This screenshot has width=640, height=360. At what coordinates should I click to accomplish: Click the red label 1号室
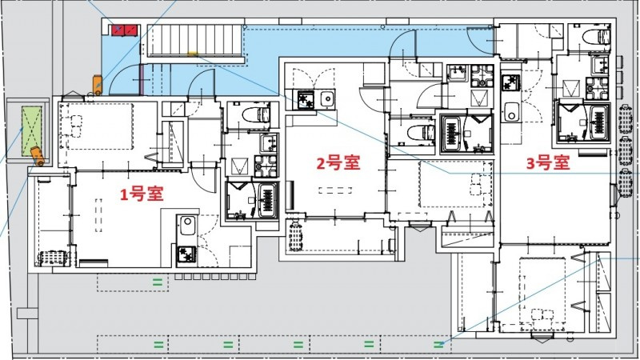(x=143, y=194)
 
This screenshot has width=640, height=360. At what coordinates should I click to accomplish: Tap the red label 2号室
(x=338, y=163)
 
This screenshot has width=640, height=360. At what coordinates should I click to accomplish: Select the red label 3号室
(x=547, y=163)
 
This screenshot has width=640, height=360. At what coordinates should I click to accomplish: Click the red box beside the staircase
(x=124, y=30)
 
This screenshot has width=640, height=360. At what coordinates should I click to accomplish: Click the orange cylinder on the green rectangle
(x=36, y=153)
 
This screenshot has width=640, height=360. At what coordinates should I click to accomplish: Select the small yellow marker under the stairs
(x=193, y=54)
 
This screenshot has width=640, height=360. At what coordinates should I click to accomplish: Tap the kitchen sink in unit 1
(x=186, y=225)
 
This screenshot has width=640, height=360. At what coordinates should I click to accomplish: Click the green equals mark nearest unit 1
(x=158, y=281)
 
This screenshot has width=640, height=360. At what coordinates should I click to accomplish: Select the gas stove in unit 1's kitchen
(x=186, y=255)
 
